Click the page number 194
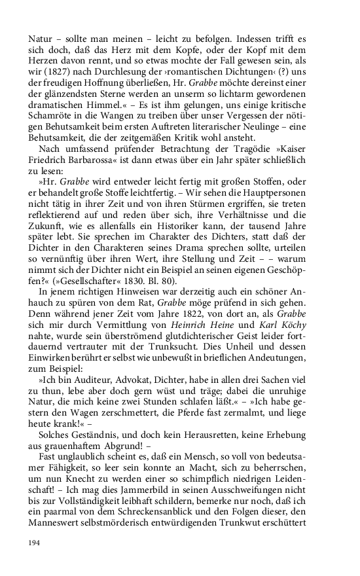[35, 543]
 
